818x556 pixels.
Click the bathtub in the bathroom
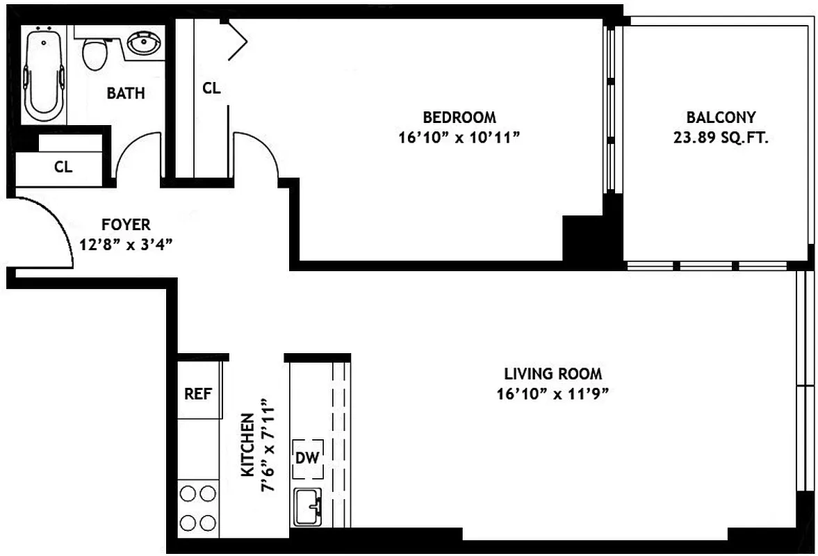(44, 73)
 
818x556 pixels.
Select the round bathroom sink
(145, 44)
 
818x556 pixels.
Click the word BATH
(126, 93)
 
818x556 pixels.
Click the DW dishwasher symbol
(307, 458)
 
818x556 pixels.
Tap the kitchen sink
(308, 507)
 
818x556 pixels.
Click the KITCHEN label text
(247, 445)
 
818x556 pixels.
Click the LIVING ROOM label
(553, 374)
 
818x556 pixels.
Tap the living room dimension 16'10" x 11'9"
(553, 395)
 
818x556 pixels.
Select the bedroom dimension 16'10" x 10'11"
(459, 138)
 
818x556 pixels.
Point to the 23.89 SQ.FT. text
(720, 138)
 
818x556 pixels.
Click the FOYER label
(126, 224)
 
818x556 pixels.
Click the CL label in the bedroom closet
(211, 88)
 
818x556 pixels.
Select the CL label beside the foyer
(63, 167)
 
